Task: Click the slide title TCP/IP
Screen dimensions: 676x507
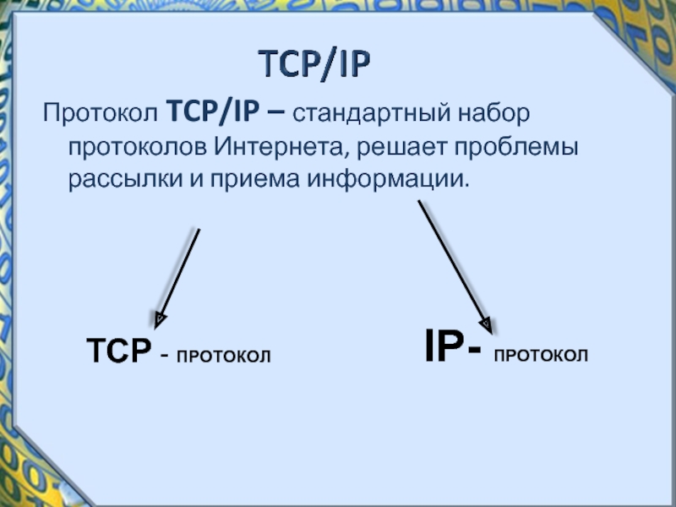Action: (x=314, y=64)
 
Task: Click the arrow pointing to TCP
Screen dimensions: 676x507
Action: (x=177, y=275)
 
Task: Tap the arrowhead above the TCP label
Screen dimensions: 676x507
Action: (x=159, y=319)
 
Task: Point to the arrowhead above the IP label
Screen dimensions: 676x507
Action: (x=486, y=322)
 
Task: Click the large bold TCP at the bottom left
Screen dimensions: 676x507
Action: (x=118, y=350)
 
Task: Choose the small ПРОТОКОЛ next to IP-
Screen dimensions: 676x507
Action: (x=541, y=356)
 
